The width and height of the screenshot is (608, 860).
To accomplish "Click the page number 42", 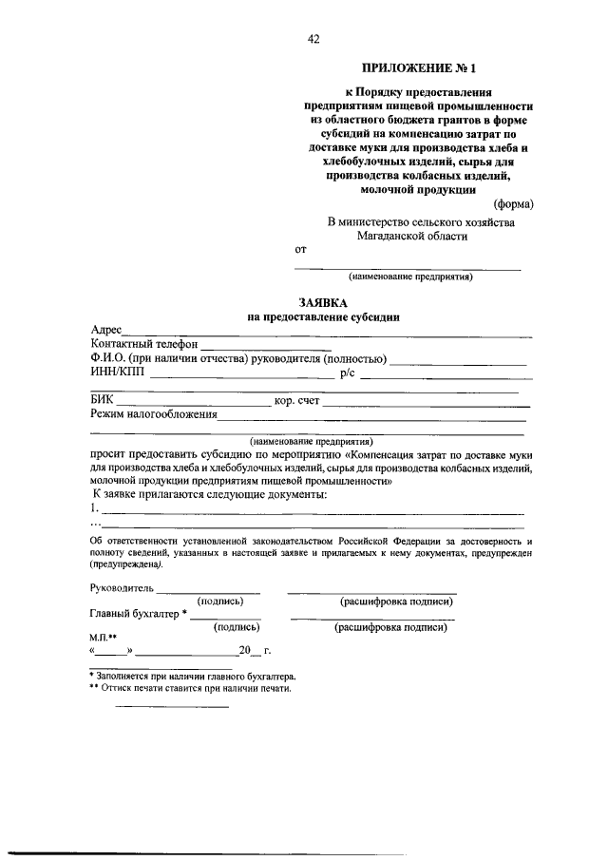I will [313, 39].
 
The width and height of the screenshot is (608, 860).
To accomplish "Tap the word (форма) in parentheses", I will [514, 204].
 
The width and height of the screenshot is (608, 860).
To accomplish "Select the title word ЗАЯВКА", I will [324, 302].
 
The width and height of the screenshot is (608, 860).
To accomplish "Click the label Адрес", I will [106, 329].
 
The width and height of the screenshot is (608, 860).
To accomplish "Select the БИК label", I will [103, 401].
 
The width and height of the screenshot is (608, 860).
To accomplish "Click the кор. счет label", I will [296, 401].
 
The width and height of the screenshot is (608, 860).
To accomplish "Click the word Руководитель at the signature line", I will [122, 589].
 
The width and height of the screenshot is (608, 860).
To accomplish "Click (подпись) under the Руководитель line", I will [220, 602].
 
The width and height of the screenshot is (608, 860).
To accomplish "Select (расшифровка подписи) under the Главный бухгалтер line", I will [390, 628].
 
